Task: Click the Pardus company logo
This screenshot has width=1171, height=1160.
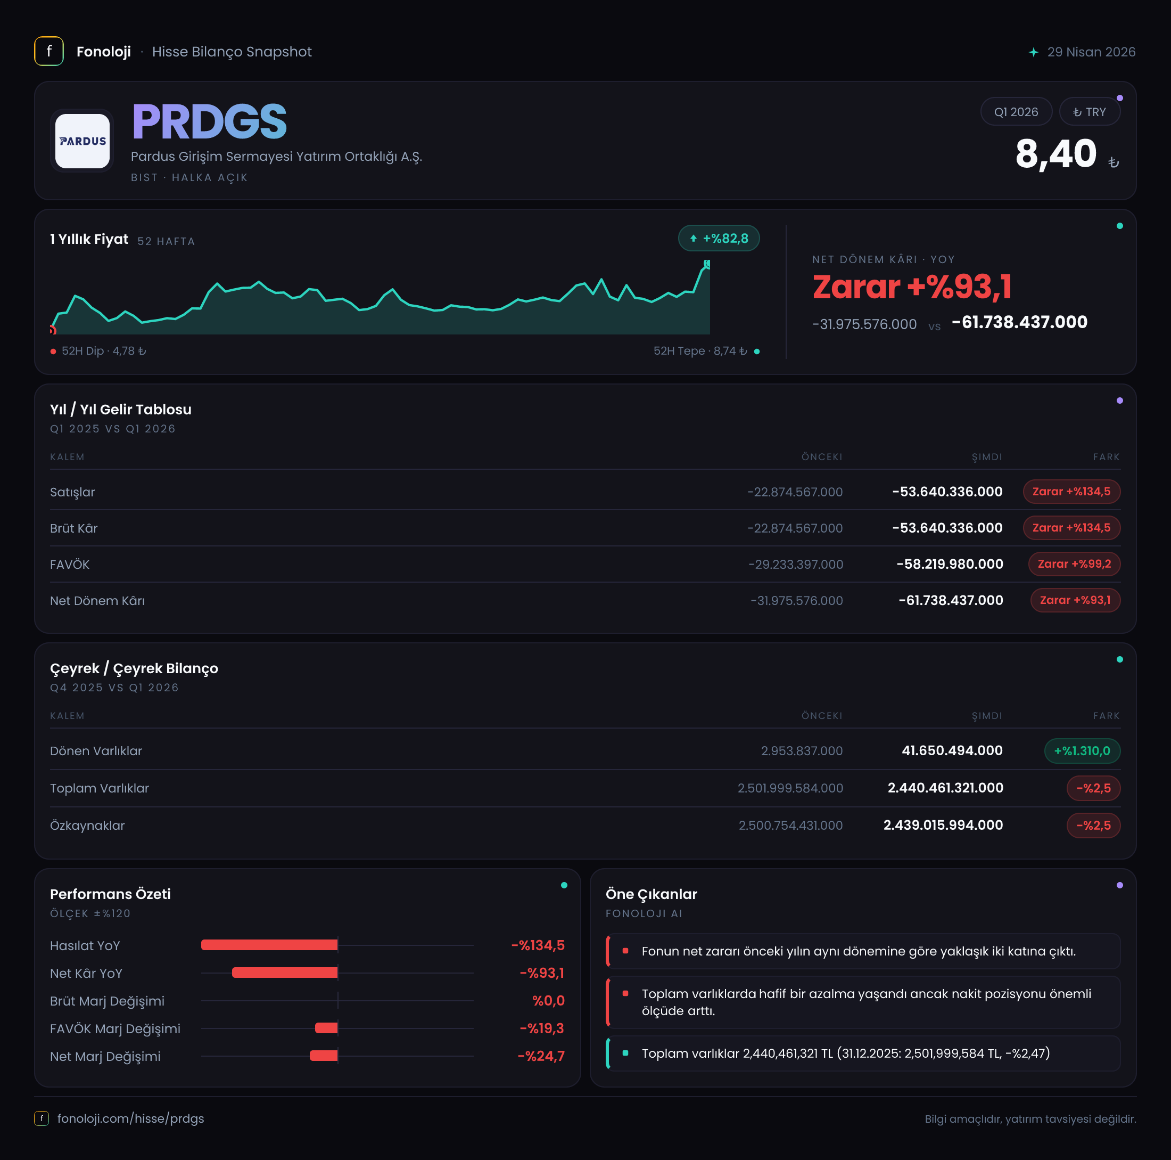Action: [x=83, y=141]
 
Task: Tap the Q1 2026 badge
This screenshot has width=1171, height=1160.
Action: [x=1016, y=111]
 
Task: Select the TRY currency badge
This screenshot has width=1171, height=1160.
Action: [x=1089, y=111]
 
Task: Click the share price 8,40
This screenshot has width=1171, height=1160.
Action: [x=1056, y=153]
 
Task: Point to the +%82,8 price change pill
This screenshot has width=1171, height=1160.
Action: [x=719, y=238]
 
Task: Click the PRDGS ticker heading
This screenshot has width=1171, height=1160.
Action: [x=209, y=121]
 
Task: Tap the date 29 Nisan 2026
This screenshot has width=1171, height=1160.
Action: [x=1091, y=52]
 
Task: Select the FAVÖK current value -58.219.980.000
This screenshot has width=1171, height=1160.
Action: [x=950, y=564]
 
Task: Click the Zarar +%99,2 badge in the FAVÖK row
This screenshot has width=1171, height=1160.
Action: [x=1074, y=564]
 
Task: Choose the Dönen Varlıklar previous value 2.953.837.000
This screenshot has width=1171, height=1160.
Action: [x=802, y=750]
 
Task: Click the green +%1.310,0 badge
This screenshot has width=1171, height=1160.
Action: [x=1082, y=750]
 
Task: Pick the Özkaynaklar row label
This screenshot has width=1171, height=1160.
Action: [x=87, y=826]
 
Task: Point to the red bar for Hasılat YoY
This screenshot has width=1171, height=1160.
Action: [x=269, y=945]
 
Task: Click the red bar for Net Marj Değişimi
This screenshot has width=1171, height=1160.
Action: [x=324, y=1056]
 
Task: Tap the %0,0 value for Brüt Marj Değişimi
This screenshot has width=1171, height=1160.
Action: [x=549, y=1001]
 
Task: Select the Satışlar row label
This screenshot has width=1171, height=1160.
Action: [x=72, y=492]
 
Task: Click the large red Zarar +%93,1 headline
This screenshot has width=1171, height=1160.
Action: [x=912, y=287]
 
